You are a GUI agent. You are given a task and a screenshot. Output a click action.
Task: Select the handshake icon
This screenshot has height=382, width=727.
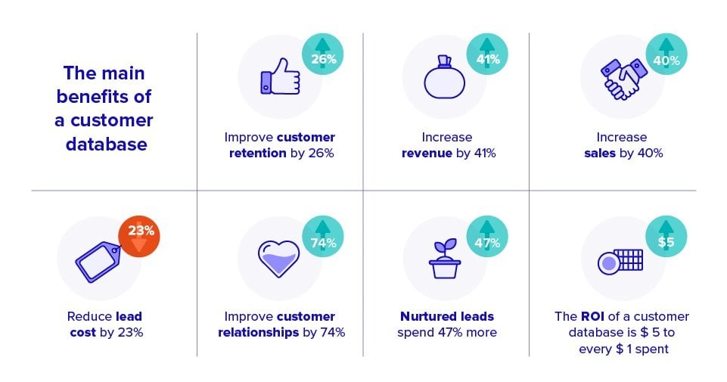coord(621,78)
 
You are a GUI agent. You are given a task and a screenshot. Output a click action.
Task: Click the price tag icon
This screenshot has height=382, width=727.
coord(98,259)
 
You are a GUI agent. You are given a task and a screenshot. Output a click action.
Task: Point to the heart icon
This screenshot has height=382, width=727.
coord(280,259)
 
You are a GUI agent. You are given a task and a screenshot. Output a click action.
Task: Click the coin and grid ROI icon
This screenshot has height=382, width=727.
coord(620,261)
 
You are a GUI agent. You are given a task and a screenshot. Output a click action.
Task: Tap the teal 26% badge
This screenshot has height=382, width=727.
coord(323,54)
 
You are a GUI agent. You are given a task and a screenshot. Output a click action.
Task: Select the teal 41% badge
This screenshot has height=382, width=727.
coord(488,54)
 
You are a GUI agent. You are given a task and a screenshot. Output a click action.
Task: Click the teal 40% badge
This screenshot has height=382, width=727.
coord(666,54)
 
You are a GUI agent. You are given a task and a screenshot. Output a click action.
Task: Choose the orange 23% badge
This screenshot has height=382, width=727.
coord(139,235)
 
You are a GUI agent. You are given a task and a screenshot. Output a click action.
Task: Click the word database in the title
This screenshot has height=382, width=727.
coord(106,144)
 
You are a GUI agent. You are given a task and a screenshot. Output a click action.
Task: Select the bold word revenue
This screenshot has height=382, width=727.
coord(426,153)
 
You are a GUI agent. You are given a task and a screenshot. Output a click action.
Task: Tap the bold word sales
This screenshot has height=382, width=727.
coord(600,153)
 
